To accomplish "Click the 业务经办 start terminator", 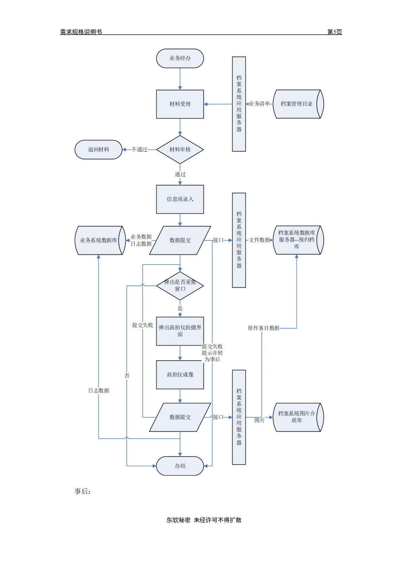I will pos(180,58).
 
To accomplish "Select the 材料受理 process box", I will pos(180,104).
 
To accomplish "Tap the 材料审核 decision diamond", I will pos(180,150).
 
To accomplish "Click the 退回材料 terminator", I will pos(98,150).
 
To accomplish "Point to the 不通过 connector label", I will pos(139,150).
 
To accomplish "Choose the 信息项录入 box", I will pos(180,199).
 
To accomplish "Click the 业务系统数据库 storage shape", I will pos(99,240).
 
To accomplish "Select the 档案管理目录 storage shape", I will pos(298,104).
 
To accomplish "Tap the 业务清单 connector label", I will pos(259,104).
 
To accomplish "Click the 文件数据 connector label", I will pos(259,240).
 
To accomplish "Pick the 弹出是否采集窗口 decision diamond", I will pos(180,286).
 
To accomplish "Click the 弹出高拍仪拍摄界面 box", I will pos(180,331).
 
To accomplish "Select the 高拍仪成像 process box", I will pos(180,375).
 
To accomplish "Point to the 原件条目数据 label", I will pos(264,328).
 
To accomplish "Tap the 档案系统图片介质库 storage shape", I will pos(298,417).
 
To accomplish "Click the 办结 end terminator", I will pos(180,466).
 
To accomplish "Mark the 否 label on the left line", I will pos(127,375).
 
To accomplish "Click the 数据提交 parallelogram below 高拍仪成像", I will pos(180,417).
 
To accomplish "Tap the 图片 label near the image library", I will pos(260,420).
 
